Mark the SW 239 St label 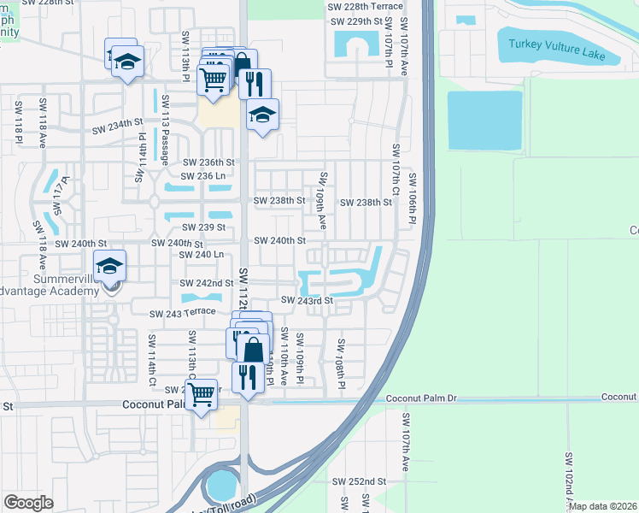tap(203, 227)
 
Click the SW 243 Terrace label tap(182, 313)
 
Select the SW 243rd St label tap(306, 300)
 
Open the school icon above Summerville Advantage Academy tap(110, 267)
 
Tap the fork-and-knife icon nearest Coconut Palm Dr tap(248, 376)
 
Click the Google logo tap(28, 503)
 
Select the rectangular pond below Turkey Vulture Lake tap(484, 119)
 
